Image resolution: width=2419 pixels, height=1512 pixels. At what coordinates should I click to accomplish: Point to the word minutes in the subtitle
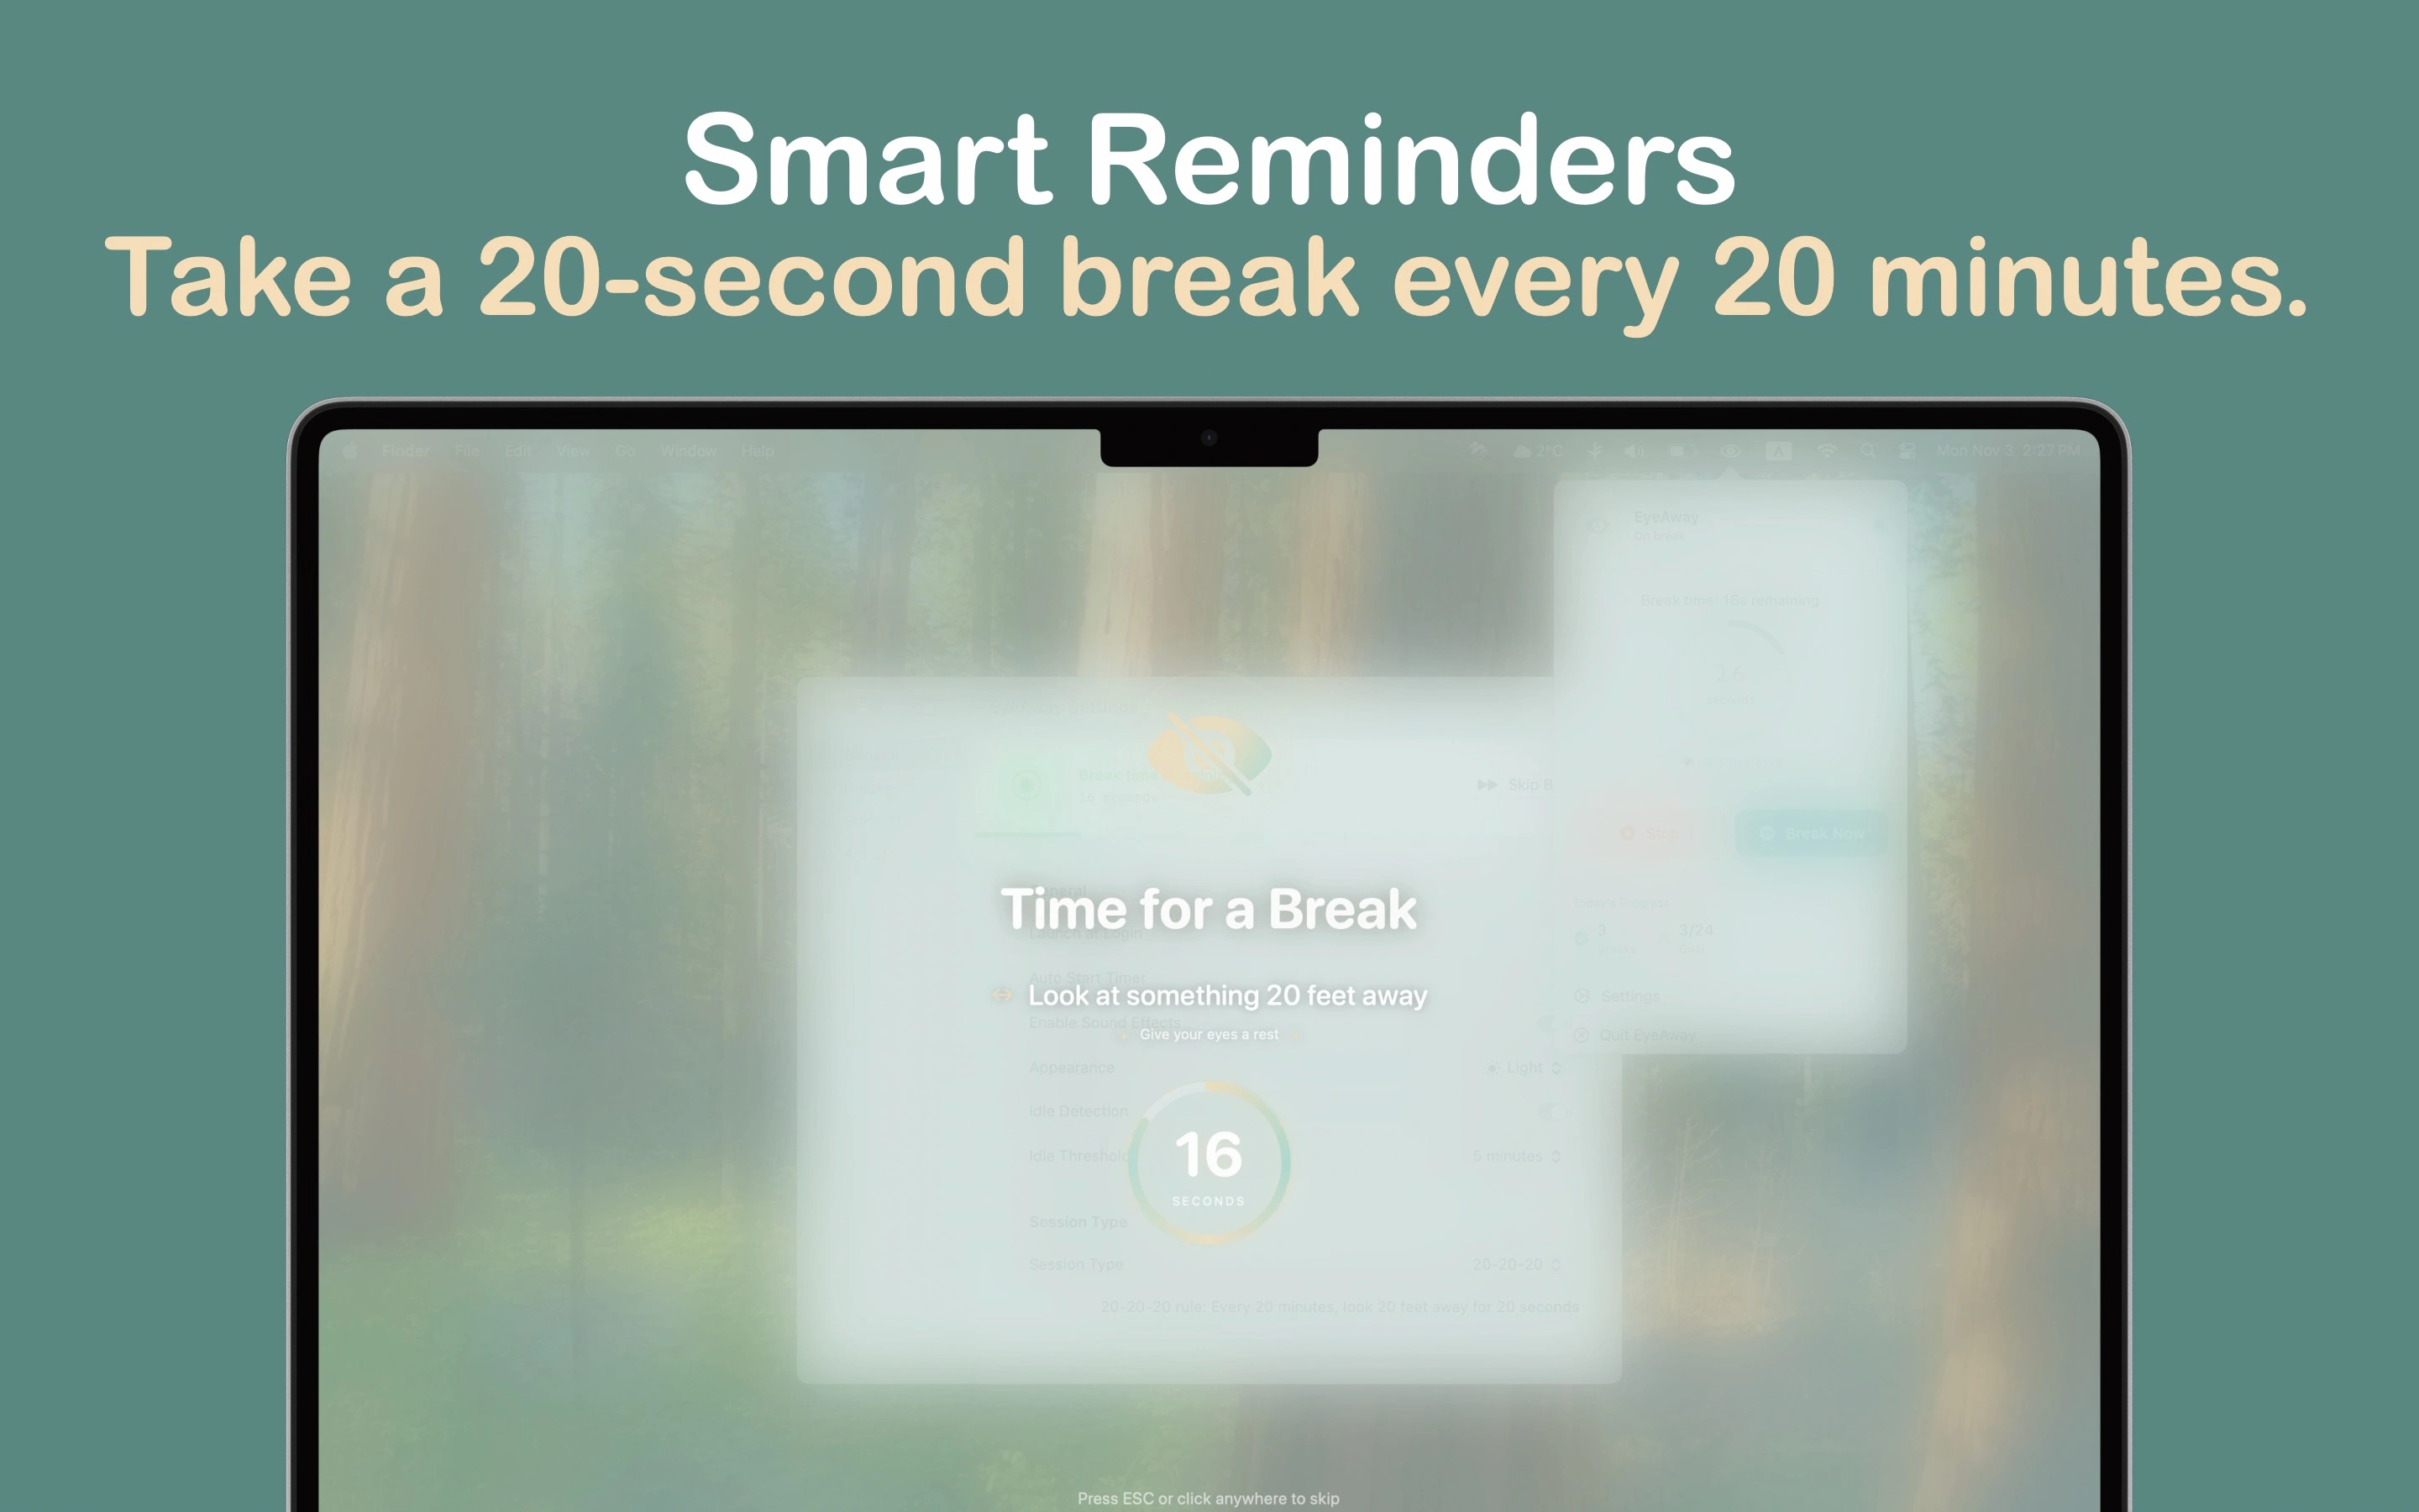coord(2087,278)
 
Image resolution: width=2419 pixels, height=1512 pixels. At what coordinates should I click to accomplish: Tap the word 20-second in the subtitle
coord(750,278)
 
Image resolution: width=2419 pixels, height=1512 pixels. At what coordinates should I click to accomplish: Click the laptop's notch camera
coord(1209,438)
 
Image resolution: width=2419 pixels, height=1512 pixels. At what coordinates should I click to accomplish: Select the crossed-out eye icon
coord(1209,755)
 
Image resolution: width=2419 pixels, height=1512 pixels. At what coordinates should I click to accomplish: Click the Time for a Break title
coord(1209,909)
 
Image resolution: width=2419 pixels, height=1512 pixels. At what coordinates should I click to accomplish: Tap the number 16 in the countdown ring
coord(1209,1155)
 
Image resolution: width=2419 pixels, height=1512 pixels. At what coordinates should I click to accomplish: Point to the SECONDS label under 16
coord(1209,1201)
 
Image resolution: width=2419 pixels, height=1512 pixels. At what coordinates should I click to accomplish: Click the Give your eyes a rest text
coord(1209,1035)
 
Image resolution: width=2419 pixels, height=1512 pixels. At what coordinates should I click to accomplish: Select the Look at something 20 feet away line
coord(1227,996)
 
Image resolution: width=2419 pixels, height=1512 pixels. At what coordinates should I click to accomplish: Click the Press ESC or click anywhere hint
coord(1209,1498)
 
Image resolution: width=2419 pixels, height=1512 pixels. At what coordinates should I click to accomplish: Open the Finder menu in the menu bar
coord(406,451)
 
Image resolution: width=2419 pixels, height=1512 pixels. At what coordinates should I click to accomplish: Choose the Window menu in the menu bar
coord(688,451)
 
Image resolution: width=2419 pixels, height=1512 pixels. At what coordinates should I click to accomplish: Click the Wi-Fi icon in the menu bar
coord(1826,451)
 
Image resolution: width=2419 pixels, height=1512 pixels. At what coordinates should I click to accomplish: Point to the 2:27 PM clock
coord(2051,451)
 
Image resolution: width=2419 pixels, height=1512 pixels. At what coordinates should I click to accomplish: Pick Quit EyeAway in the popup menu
coord(1646,1035)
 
